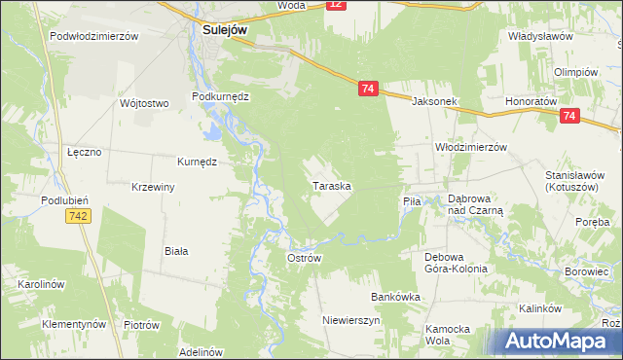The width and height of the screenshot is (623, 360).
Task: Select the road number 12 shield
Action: (x=336, y=5)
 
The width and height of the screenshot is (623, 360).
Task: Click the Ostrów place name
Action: (x=304, y=258)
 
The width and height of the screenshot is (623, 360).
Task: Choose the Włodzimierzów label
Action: (x=471, y=147)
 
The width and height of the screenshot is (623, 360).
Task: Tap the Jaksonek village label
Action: (x=434, y=101)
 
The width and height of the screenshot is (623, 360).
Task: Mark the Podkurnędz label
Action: (x=221, y=97)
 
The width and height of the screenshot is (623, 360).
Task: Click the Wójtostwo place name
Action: (x=144, y=103)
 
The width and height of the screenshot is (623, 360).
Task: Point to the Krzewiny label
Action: (x=152, y=186)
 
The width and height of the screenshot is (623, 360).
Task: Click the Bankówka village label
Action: (x=394, y=296)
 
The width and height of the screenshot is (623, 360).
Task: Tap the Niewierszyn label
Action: (x=351, y=319)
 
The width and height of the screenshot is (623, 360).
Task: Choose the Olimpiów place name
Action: (x=574, y=73)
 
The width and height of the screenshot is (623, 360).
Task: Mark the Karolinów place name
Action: (x=40, y=284)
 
